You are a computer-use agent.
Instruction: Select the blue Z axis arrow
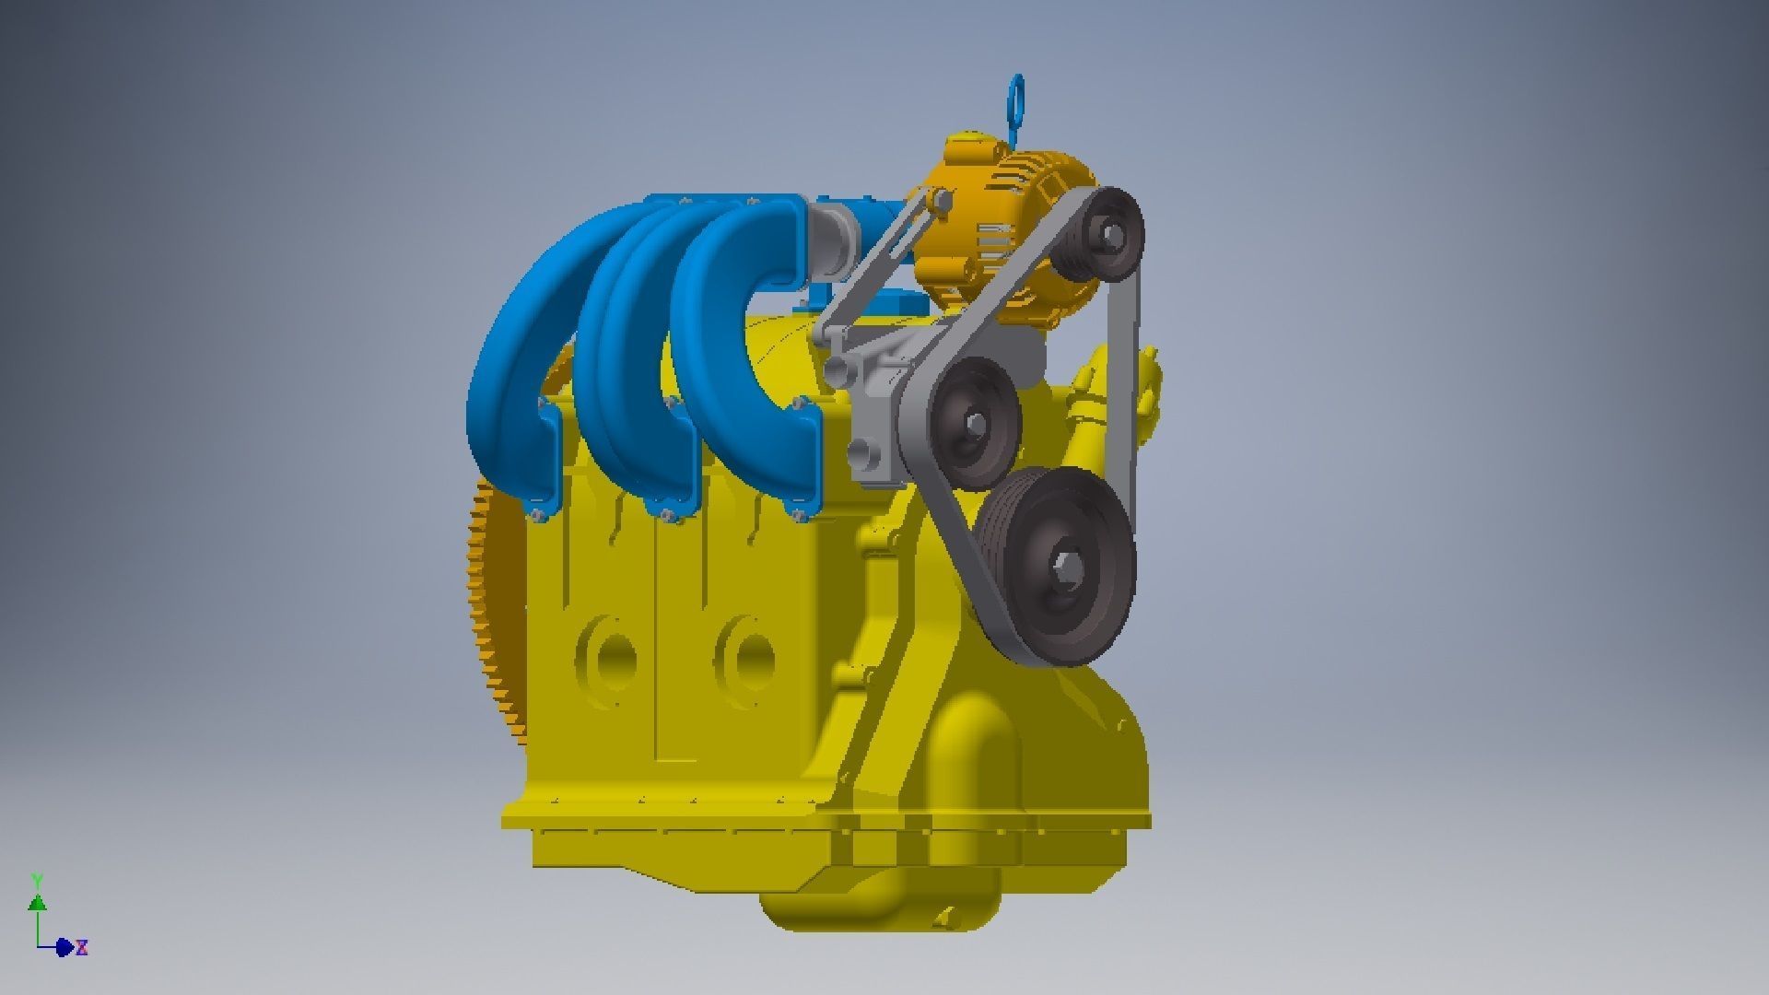pyautogui.click(x=64, y=947)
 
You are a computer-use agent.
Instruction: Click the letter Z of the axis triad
pyautogui.click(x=82, y=947)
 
